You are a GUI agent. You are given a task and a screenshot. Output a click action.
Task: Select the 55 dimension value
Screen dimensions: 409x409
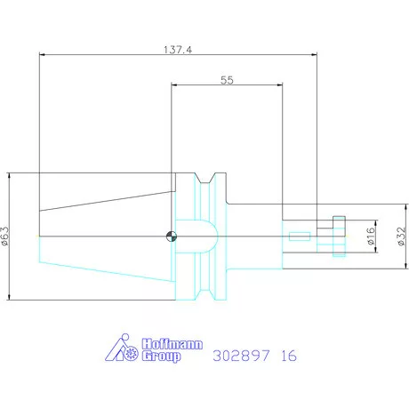click(226, 80)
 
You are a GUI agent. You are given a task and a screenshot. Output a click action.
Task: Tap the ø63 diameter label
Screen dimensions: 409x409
click(6, 236)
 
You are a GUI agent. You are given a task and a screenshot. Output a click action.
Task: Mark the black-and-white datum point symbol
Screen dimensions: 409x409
click(170, 237)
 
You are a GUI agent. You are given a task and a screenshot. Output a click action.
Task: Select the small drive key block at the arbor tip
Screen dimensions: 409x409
click(338, 222)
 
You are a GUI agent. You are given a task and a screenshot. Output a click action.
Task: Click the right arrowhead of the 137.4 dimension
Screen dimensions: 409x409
click(315, 55)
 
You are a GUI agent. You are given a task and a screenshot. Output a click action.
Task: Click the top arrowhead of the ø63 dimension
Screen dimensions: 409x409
click(10, 175)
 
